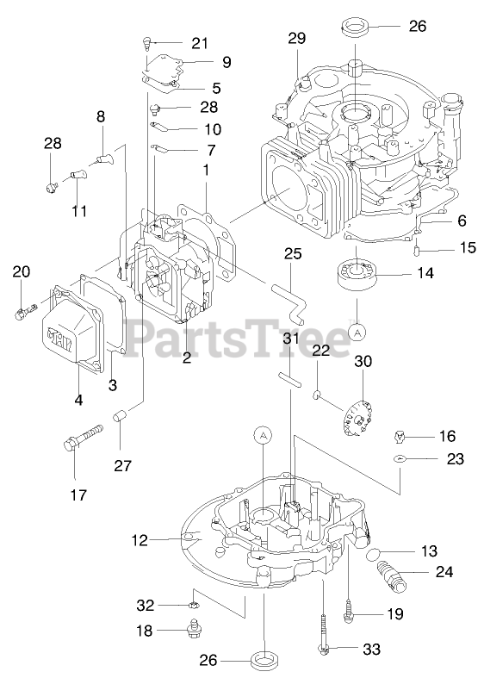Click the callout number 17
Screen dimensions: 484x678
[78, 495]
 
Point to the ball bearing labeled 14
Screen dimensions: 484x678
[357, 272]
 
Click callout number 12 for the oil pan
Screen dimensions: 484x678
[140, 540]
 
